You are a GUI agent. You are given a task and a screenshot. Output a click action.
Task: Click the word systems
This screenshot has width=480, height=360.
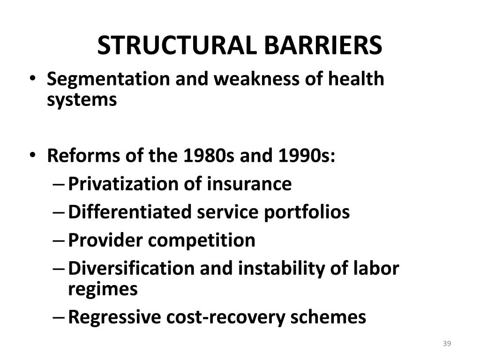82,100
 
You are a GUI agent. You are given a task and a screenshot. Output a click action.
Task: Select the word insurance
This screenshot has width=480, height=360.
251,184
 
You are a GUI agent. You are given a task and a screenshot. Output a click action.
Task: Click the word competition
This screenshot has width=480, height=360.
202,240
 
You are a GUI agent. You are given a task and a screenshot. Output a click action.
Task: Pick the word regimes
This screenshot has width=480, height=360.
103,289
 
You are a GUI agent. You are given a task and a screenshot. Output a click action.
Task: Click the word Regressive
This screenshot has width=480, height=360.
114,317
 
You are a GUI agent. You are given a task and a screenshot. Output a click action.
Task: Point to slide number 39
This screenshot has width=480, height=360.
447,345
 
